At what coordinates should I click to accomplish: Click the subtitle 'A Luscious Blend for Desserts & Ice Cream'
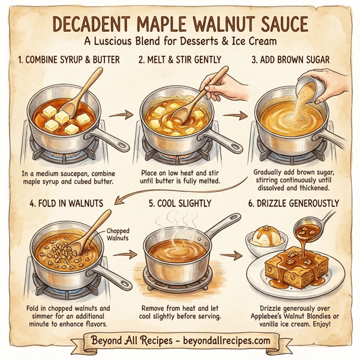180,43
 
